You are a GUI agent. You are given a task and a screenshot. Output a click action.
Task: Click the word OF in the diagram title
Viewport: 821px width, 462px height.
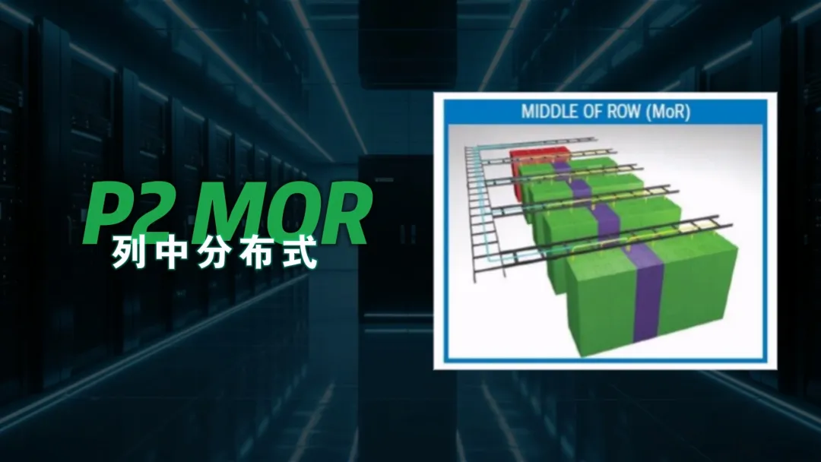point(590,112)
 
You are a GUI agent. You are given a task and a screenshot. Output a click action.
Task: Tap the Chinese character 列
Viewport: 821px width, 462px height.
point(128,253)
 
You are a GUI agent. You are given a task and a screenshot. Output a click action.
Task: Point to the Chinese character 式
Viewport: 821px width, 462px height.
point(300,253)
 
